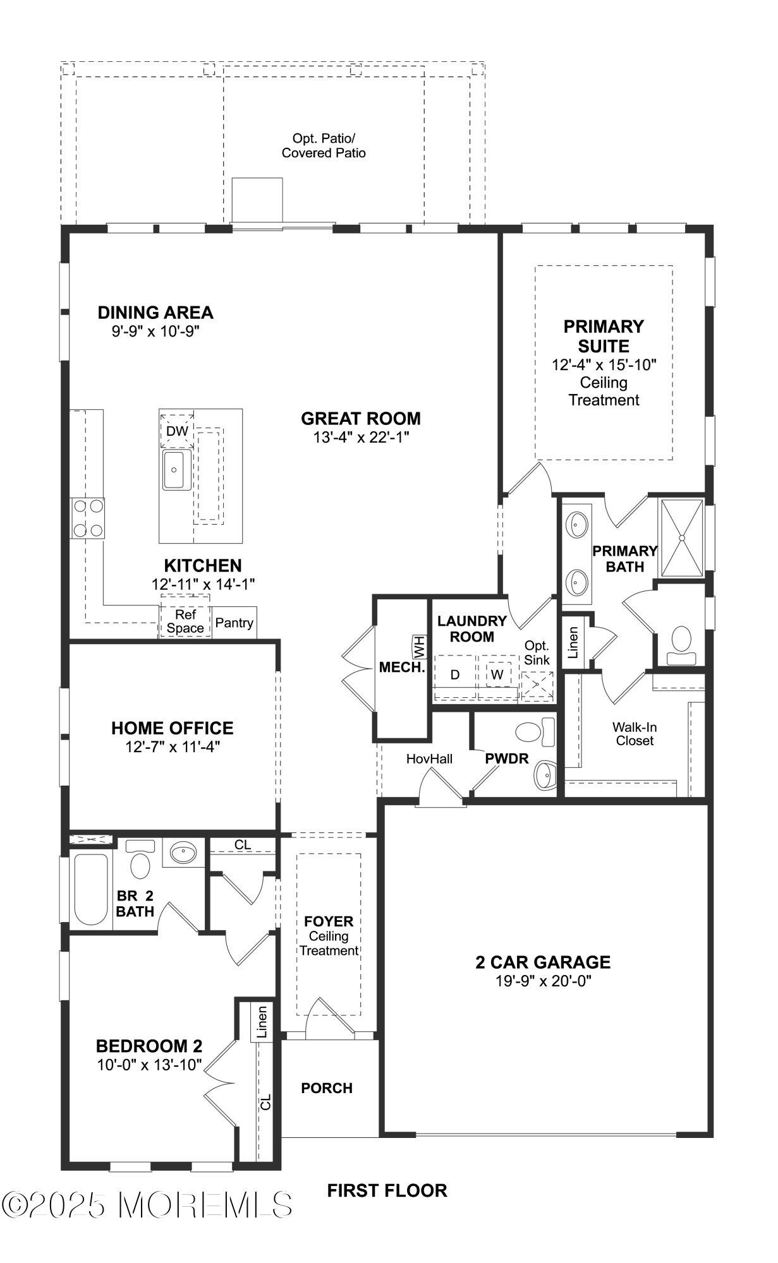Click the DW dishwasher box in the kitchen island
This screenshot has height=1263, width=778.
tap(177, 431)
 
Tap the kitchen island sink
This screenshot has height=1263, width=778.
tap(174, 470)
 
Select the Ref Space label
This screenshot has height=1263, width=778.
tap(185, 621)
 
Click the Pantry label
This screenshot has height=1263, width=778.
tap(234, 623)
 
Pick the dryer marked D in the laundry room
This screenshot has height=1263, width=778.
tap(454, 675)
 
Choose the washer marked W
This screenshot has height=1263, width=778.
tap(497, 674)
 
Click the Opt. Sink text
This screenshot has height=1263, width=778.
tap(537, 653)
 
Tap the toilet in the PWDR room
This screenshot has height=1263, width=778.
tap(535, 733)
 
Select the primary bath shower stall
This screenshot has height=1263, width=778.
tap(681, 537)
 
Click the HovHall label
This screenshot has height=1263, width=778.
tap(429, 758)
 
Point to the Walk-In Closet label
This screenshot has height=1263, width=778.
tap(635, 734)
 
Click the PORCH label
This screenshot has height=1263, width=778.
tap(327, 1088)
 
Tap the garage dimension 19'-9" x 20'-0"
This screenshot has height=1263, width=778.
tap(543, 981)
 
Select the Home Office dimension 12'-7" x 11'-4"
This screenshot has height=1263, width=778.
tap(172, 747)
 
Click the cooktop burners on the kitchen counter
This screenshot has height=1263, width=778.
tap(88, 518)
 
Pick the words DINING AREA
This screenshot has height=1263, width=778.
tap(155, 313)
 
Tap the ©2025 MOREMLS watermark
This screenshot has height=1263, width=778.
tap(149, 1204)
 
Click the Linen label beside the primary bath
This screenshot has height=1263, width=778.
tap(573, 642)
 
